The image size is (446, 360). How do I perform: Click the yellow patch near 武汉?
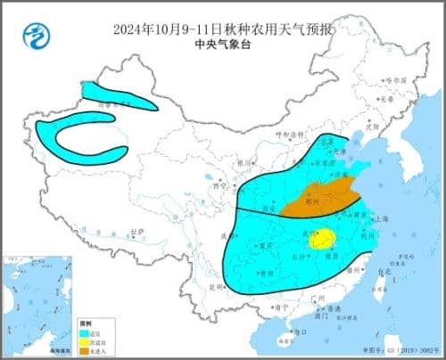[x=326, y=237]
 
